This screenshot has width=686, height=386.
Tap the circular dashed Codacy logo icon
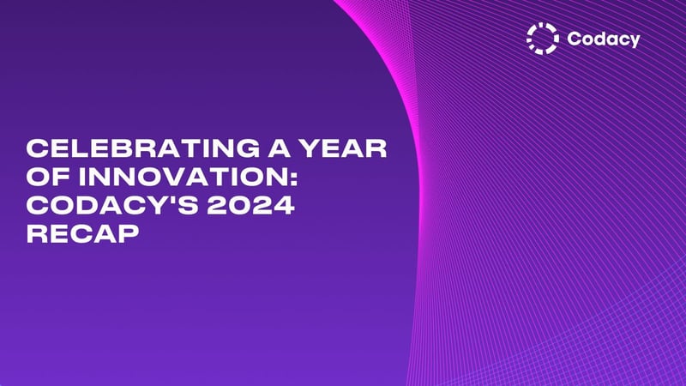(x=542, y=38)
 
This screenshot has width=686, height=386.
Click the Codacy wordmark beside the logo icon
(x=603, y=39)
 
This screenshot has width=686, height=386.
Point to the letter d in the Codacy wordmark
(x=599, y=39)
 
